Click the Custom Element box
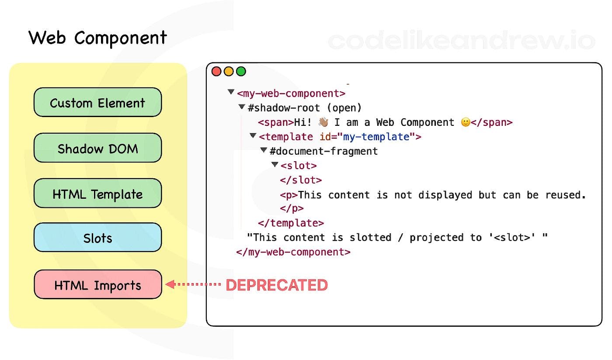97,102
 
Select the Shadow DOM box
97,148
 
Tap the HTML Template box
97,194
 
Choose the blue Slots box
97,237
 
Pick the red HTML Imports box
98,284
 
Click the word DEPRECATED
277,285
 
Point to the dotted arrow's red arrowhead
170,284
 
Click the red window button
216,72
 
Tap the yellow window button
229,72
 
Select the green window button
241,72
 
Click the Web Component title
97,38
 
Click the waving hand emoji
323,122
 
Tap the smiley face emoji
466,122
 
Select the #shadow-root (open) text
305,108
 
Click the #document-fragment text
323,151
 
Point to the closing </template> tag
291,223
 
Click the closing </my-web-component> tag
293,252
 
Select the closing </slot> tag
301,180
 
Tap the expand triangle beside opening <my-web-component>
231,92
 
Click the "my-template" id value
376,137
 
